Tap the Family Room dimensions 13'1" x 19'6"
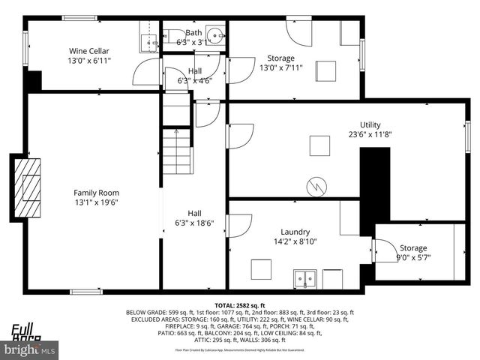point(97,202)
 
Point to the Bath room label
point(194,32)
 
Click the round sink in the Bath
point(215,34)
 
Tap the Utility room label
point(370,124)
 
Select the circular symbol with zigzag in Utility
point(316,185)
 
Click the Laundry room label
point(295,232)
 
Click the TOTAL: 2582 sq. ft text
point(239,306)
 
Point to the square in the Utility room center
point(319,145)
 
